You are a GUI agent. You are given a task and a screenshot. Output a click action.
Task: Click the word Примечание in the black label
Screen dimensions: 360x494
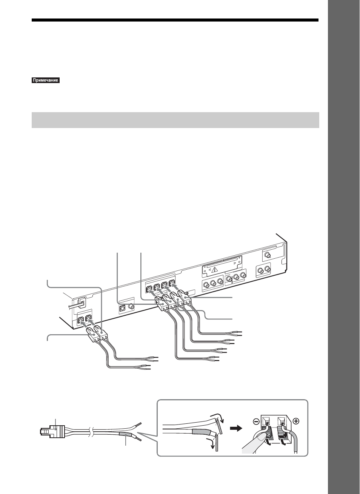tap(46, 80)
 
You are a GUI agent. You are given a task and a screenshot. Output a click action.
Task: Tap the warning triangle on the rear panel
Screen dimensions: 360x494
tap(215, 270)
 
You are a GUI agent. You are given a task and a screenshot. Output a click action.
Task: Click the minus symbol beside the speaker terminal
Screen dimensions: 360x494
tap(256, 421)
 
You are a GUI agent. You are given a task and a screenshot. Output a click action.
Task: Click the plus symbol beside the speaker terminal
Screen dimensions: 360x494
tap(296, 421)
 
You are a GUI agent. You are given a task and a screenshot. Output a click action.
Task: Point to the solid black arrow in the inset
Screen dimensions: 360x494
tap(236, 429)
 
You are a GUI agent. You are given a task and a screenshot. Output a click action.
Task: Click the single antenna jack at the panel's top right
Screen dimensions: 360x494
tap(268, 256)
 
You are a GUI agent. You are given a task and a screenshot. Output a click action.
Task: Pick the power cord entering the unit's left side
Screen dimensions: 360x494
tap(76, 305)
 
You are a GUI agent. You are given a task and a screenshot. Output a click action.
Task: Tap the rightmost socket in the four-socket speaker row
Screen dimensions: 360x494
tap(172, 283)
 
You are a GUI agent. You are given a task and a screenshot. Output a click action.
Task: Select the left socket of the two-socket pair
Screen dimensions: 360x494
tap(80, 321)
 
